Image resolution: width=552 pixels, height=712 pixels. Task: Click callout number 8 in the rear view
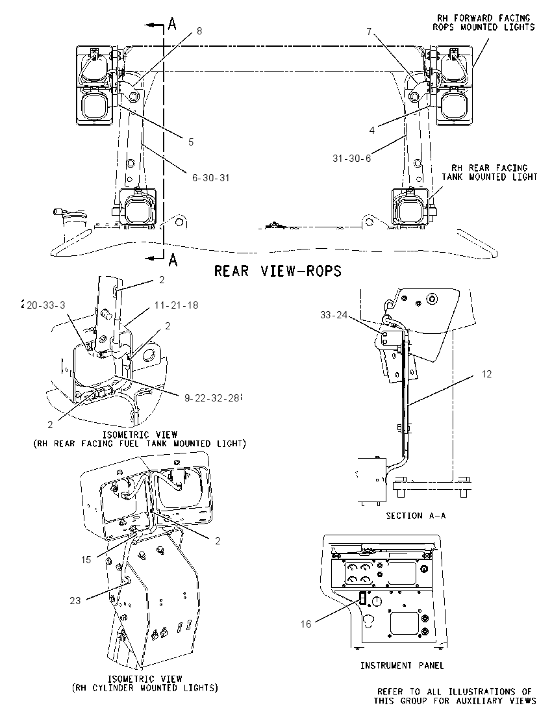199,31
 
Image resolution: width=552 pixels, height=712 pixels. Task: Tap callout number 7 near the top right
369,31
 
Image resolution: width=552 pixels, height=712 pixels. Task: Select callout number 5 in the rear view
191,142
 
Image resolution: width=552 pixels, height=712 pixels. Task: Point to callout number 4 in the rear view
372,131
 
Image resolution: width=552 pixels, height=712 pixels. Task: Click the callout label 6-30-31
210,177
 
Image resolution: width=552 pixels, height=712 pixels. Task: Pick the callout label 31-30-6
352,158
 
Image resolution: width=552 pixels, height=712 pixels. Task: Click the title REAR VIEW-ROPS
277,271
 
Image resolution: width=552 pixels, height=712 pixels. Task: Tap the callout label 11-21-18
176,305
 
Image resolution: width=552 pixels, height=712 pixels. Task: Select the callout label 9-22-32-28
212,398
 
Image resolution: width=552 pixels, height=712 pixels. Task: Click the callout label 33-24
334,314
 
